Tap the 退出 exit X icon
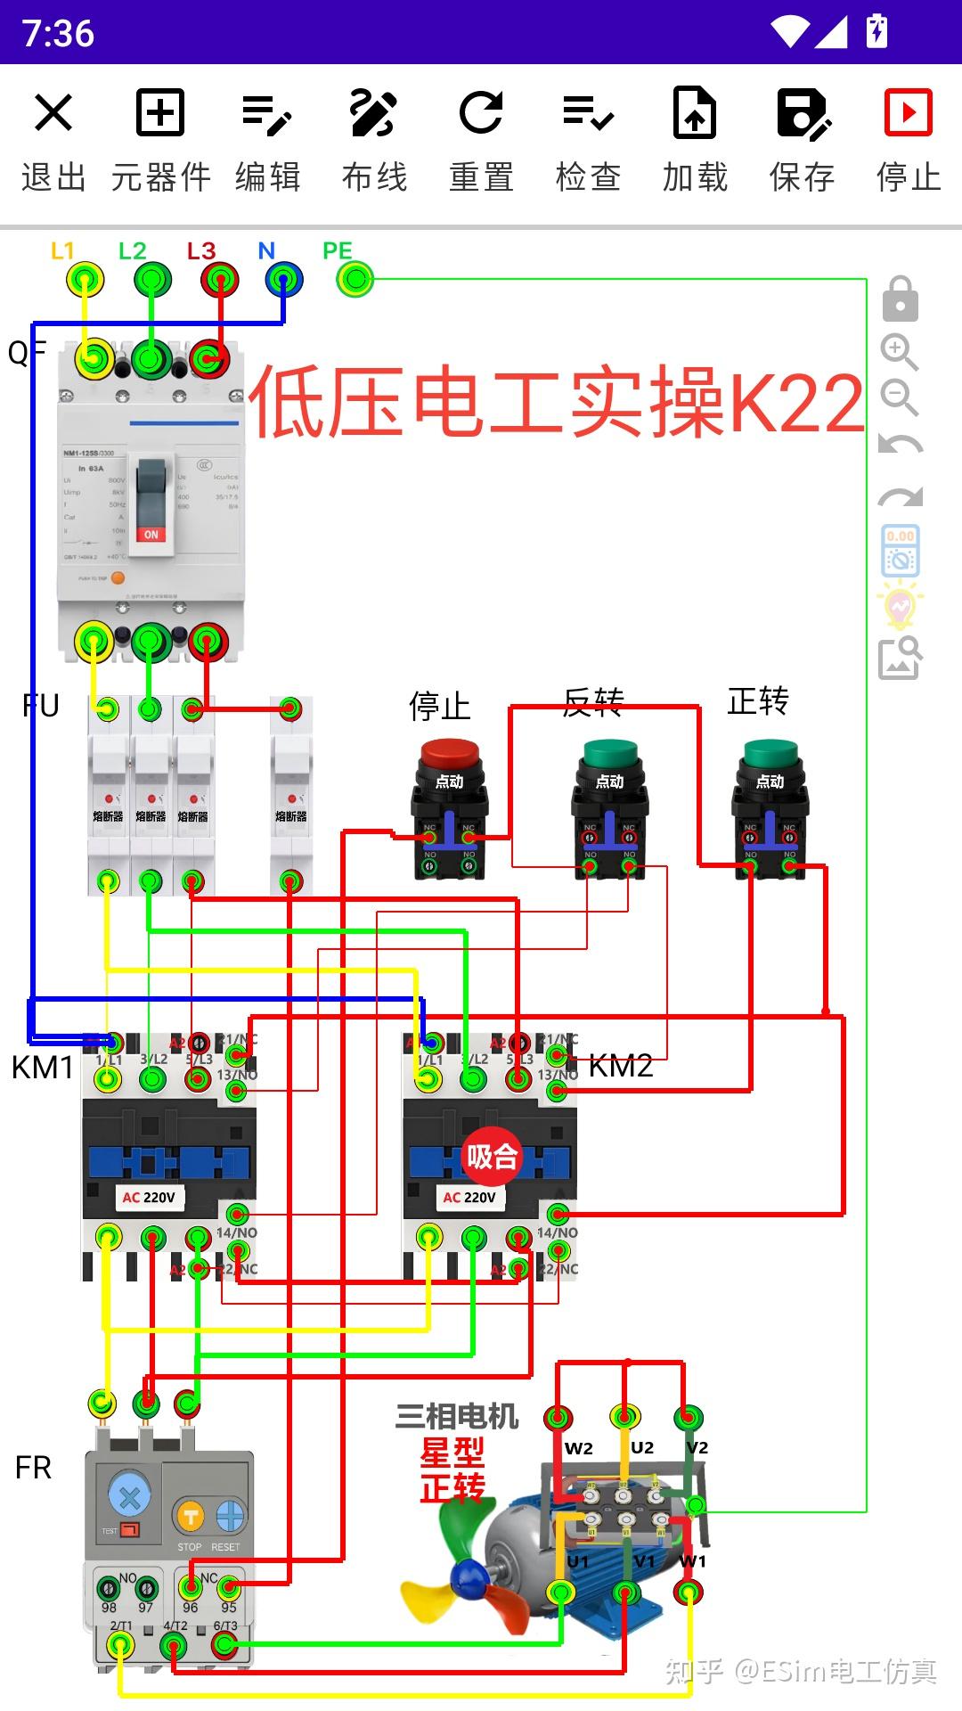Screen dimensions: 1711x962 [x=53, y=113]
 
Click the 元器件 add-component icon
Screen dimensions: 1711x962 [x=160, y=113]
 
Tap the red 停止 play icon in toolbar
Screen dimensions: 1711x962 [x=908, y=113]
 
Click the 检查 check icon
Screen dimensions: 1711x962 [x=588, y=113]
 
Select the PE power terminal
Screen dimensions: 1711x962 [x=355, y=280]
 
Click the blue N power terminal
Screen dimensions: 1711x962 [x=284, y=280]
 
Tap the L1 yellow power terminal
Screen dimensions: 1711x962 [x=86, y=280]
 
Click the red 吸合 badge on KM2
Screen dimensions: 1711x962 [x=492, y=1157]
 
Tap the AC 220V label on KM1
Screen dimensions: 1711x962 [x=149, y=1197]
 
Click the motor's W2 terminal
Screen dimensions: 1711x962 [x=558, y=1416]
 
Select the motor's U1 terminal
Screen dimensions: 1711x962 [x=560, y=1592]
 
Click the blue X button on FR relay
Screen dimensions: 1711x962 [x=129, y=1497]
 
